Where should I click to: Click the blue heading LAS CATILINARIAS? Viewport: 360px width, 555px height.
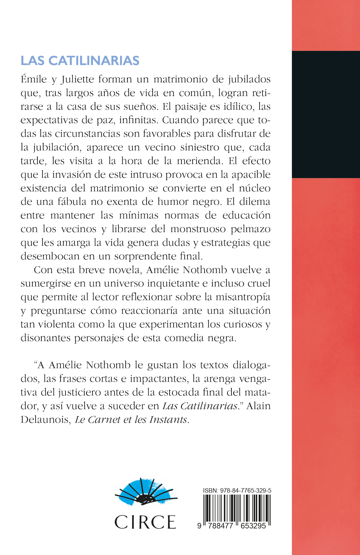80,61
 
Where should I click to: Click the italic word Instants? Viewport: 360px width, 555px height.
170,419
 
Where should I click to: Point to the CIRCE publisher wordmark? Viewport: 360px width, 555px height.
145,522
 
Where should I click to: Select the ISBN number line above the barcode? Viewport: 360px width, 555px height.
237,491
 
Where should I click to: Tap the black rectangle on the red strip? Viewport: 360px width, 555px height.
326,114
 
